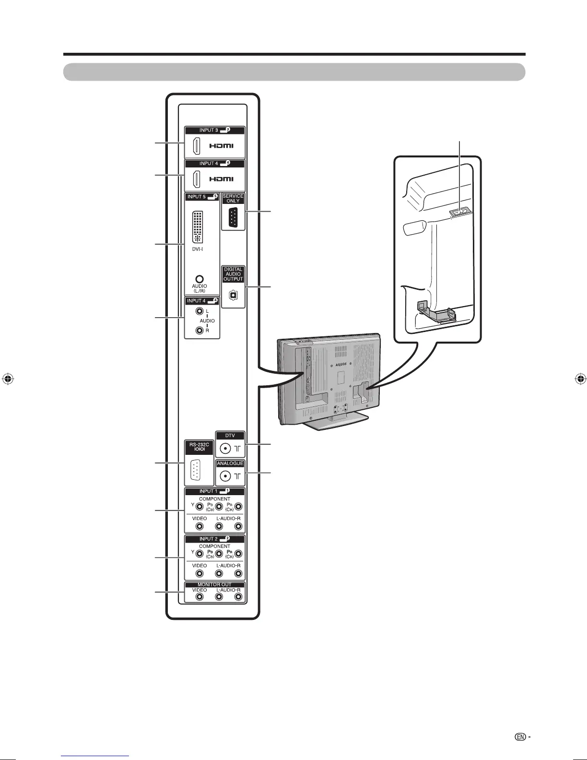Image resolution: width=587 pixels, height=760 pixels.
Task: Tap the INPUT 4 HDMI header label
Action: coord(214,164)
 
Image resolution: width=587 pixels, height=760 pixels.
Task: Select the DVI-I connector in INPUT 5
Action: coord(197,226)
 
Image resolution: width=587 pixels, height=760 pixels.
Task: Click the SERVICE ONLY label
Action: coord(233,199)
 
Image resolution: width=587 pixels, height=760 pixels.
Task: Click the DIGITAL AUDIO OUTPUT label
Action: coord(233,274)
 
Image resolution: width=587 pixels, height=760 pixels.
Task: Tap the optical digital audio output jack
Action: coord(233,295)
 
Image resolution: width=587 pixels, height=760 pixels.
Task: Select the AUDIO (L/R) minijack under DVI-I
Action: coord(200,279)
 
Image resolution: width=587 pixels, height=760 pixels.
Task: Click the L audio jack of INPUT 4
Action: coord(200,311)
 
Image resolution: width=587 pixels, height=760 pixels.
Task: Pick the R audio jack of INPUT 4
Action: coord(200,330)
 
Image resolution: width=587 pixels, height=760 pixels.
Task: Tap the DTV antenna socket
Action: coord(225,449)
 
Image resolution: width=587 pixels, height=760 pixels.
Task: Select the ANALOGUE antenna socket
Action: coord(225,476)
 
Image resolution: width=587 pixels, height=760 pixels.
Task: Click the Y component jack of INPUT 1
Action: coord(200,506)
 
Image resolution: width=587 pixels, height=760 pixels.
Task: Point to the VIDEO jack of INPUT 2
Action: coord(200,574)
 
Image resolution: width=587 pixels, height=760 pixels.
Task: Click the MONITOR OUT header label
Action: coord(214,585)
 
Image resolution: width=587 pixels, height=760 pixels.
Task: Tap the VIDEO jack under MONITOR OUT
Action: coord(200,597)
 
